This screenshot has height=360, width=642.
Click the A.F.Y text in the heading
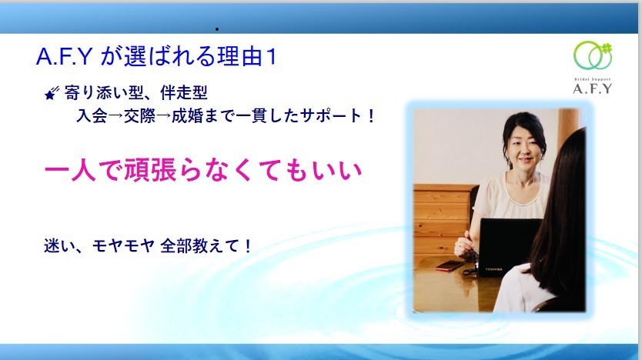pos(65,56)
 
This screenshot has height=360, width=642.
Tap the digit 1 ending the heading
pos(271,56)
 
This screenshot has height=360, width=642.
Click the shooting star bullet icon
pos(52,93)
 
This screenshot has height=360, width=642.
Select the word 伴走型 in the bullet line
pos(184,93)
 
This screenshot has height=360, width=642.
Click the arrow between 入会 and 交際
pos(116,116)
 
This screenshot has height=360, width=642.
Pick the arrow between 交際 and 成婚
pos(163,116)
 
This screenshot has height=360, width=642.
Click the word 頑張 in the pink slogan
pos(150,170)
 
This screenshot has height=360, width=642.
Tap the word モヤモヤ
pos(123,246)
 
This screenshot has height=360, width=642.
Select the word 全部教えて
pos(199,246)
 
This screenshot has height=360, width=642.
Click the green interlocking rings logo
pos(593,55)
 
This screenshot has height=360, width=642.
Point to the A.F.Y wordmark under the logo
pos(592,88)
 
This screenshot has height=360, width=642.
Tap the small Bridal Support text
pos(592,79)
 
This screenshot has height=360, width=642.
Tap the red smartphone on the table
pos(450,266)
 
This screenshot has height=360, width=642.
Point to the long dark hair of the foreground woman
pos(561,213)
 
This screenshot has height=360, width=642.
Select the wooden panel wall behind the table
pos(441,220)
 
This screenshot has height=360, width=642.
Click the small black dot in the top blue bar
pos(216,29)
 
